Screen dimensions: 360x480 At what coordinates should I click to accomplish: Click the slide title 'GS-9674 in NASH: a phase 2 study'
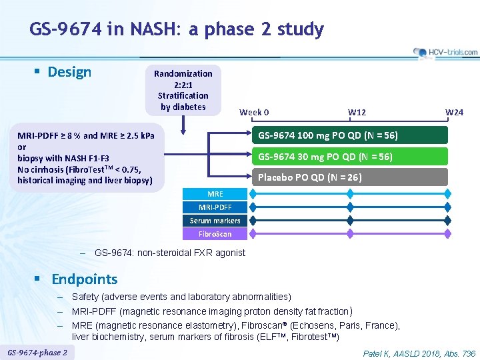[x=177, y=29]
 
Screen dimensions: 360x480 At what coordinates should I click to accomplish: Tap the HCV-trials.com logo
[x=445, y=52]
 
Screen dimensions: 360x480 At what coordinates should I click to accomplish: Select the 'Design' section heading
[x=69, y=72]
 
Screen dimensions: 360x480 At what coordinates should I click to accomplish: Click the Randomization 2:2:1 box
[x=183, y=90]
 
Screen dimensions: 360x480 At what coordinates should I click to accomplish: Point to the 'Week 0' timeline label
[x=254, y=112]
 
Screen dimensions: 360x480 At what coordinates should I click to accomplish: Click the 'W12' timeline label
[x=357, y=112]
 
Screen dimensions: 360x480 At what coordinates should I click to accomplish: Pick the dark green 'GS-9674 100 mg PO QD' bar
[x=353, y=135]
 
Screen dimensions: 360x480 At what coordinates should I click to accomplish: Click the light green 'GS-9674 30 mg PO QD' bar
[x=353, y=157]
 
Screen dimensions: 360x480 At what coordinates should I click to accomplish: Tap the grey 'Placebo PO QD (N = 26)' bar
[x=353, y=177]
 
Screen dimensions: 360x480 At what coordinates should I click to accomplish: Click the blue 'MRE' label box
[x=215, y=194]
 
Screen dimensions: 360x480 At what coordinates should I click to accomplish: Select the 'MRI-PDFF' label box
[x=215, y=207]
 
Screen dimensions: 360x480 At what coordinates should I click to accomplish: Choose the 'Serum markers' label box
[x=215, y=221]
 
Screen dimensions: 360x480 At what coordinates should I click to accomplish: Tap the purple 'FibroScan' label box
[x=215, y=234]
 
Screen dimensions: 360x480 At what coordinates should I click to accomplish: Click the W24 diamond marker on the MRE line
[x=448, y=194]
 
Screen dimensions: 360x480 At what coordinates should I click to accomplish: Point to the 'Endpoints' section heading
[x=84, y=279]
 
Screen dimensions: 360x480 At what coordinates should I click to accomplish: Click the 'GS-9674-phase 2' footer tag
[x=37, y=352]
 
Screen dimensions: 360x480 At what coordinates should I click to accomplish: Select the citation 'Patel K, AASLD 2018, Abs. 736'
[x=419, y=353]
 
